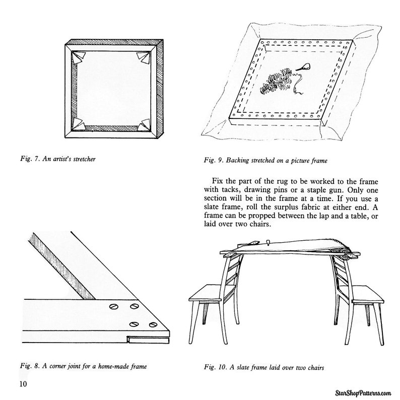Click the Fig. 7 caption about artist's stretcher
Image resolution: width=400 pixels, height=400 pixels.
[x=58, y=159]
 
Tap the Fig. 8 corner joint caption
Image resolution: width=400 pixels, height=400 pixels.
[x=84, y=366]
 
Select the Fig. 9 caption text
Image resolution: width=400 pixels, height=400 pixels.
[x=265, y=161]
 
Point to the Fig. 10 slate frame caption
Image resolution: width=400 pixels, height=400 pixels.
[x=264, y=367]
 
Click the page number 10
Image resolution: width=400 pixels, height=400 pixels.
[x=23, y=384]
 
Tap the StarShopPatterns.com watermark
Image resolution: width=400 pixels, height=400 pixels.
[x=363, y=393]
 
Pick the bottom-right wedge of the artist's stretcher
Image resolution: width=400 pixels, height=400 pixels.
[x=144, y=125]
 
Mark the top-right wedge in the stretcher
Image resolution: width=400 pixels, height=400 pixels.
[x=144, y=57]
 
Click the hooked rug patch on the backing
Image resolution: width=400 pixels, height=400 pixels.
[x=276, y=80]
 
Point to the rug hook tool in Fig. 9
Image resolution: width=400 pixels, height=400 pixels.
[x=304, y=67]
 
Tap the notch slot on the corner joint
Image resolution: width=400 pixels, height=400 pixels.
[x=148, y=340]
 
